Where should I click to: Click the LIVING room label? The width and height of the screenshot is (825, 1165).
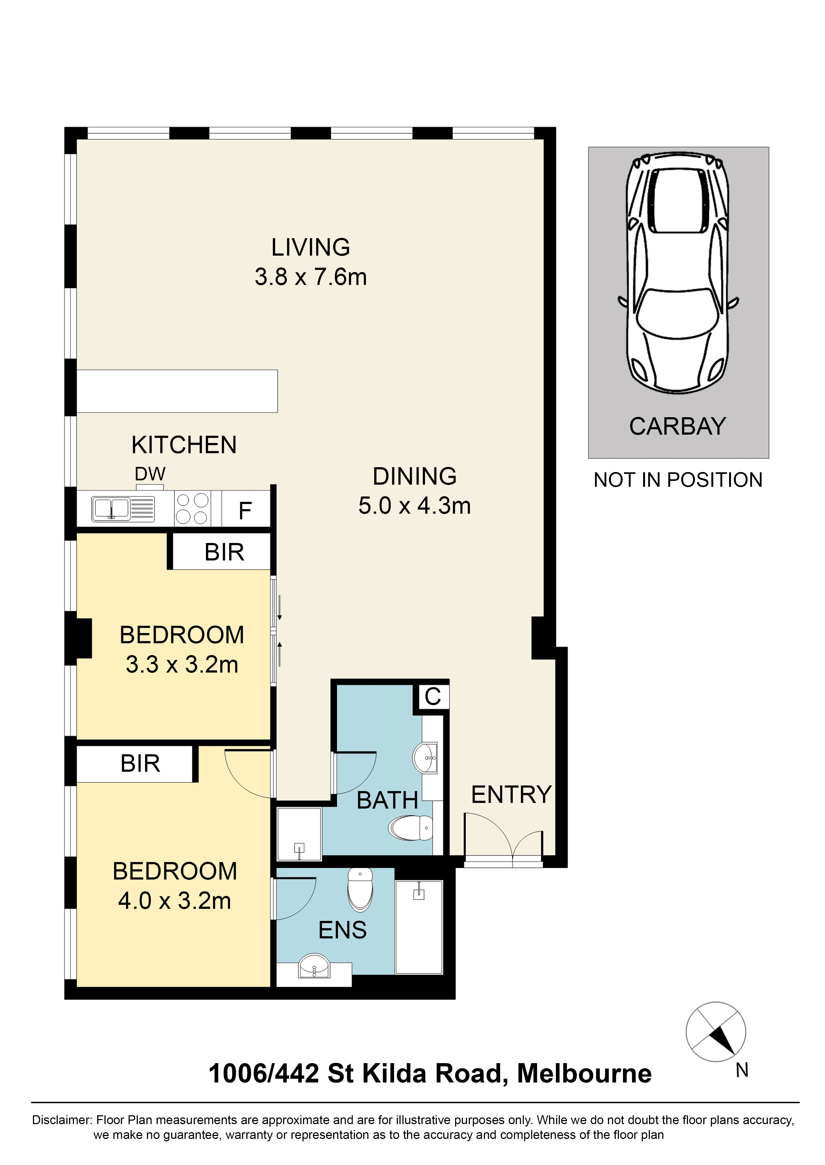coord(310,248)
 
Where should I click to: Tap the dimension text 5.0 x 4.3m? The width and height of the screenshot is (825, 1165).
coord(415,506)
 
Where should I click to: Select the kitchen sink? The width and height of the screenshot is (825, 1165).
coord(111,509)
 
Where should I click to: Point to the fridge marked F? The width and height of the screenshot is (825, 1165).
coord(245,510)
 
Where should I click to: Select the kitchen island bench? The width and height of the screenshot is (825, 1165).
coord(177,391)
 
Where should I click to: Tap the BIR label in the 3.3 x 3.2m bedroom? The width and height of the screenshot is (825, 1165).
coord(224,552)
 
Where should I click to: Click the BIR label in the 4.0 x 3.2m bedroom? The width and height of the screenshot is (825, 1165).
coord(140,763)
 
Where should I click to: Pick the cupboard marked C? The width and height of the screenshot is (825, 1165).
coord(433,697)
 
